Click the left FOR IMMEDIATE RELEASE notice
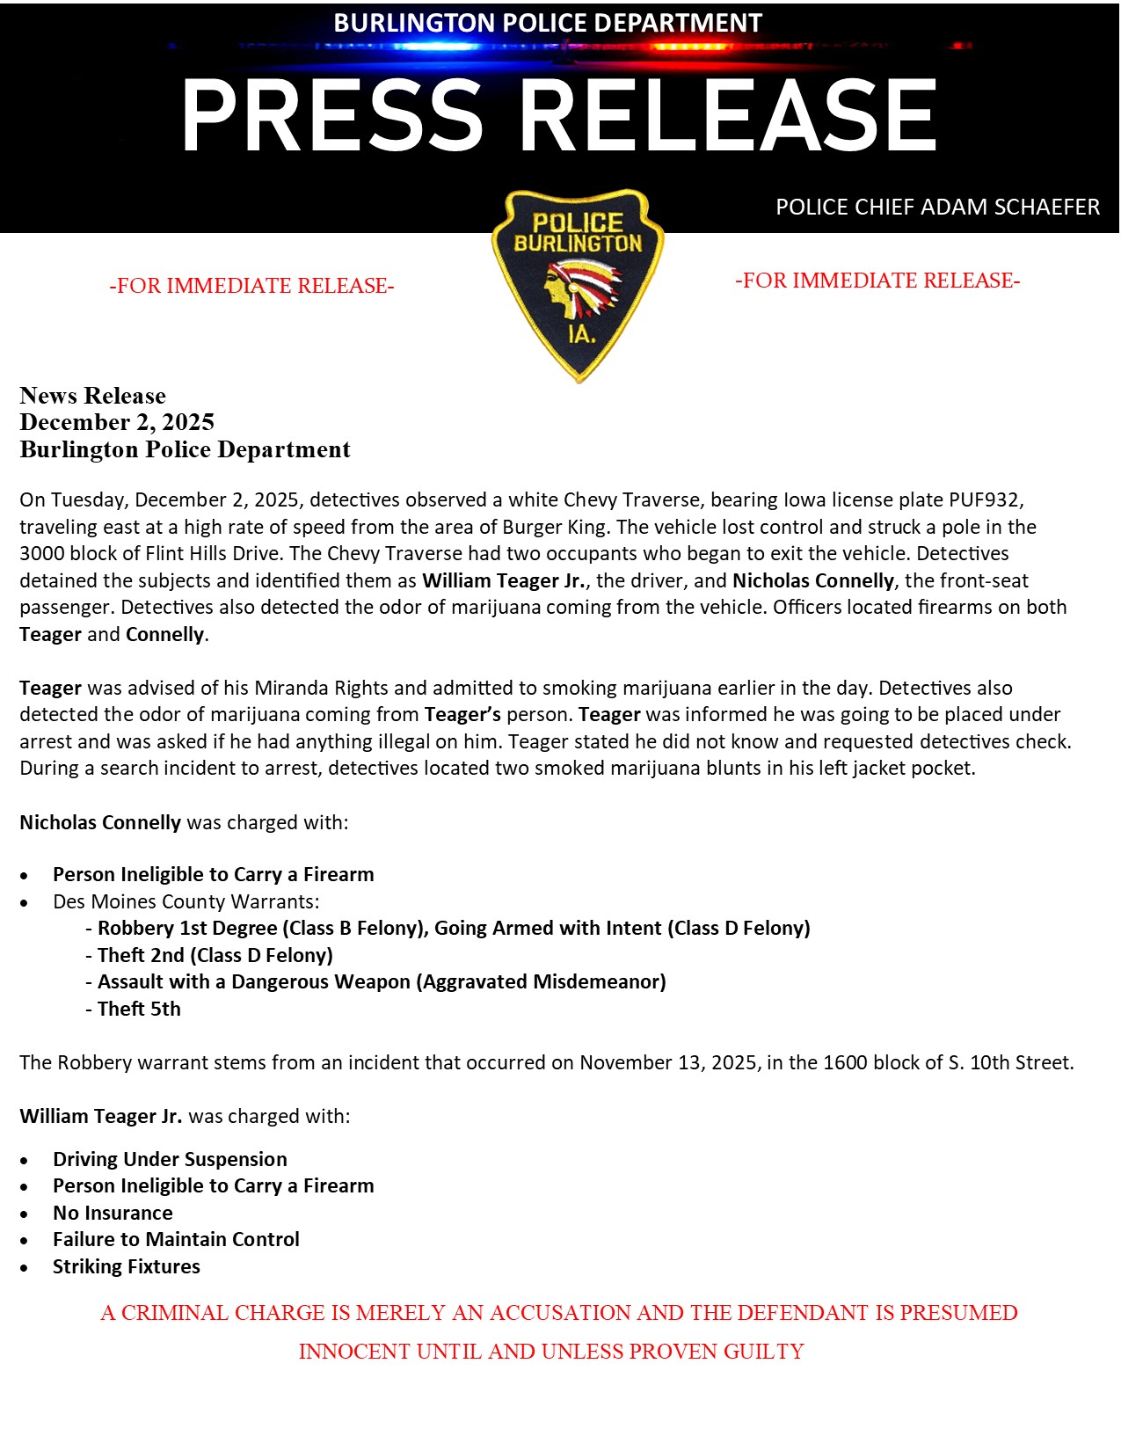251,286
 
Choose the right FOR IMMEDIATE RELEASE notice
877,281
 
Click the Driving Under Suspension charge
170,1160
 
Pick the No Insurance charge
113,1214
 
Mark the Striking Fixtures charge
127,1267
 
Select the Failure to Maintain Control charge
176,1240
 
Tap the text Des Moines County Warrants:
186,902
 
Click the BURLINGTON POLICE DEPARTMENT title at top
547,23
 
